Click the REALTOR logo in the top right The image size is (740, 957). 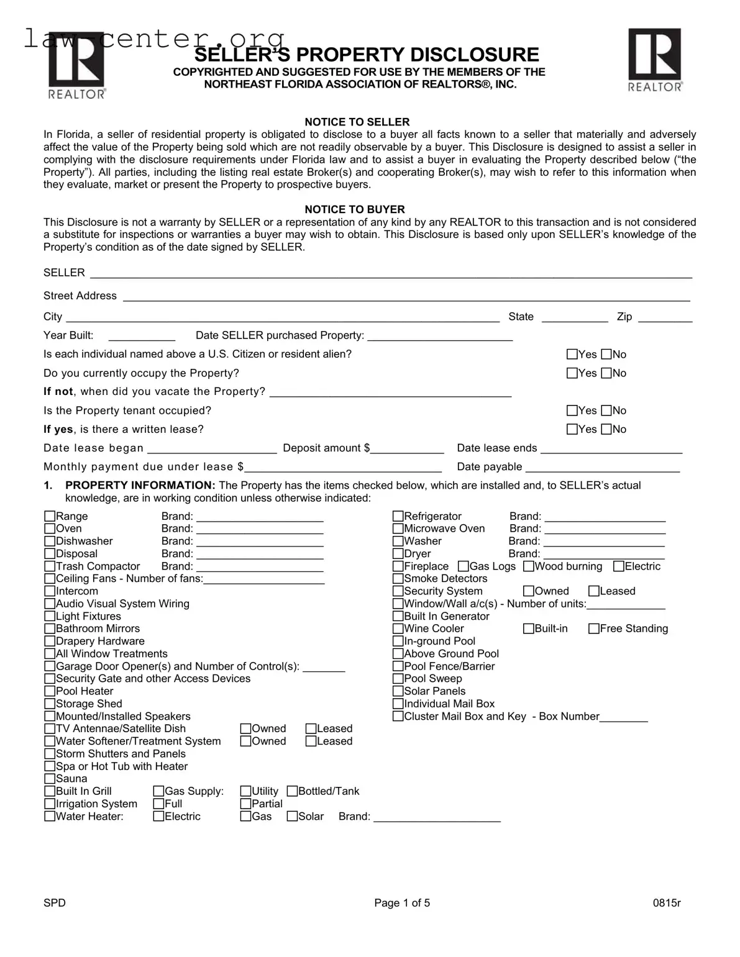pos(655,60)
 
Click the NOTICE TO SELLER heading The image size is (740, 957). pos(357,122)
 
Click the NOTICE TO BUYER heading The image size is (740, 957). pos(354,209)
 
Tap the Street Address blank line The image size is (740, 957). pos(406,296)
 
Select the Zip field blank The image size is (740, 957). pos(665,317)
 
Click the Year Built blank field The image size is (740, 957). pos(142,336)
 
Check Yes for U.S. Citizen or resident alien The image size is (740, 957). pos(572,355)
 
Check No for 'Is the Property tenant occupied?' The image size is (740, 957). pos(606,410)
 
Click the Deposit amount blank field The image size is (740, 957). pos(407,449)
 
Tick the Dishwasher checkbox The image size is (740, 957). pos(50,542)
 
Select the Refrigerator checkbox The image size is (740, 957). pos(398,517)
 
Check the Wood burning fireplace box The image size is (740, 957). pos(529,566)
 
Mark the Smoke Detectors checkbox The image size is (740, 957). pos(398,579)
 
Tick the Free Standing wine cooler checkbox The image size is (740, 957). pos(594,628)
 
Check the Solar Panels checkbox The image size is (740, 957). pos(398,691)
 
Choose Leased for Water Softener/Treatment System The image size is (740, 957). pos(311,742)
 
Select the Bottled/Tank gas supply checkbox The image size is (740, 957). pos(292,791)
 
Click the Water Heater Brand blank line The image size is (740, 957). pos(437,817)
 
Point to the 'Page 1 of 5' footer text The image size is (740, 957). pos(402,903)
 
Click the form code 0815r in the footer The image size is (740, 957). pos(667,903)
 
